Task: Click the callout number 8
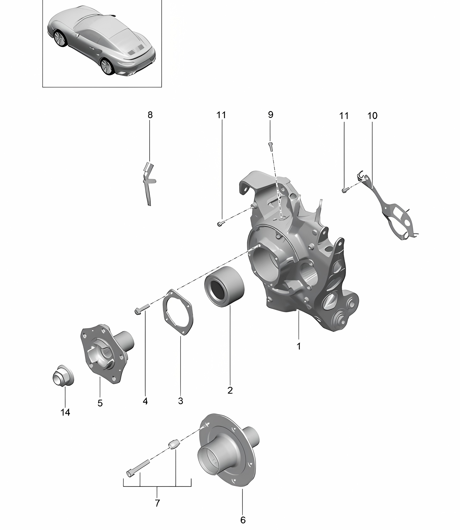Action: click(150, 115)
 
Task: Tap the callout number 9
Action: click(271, 115)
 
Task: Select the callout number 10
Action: click(372, 116)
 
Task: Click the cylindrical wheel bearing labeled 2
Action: click(224, 286)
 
